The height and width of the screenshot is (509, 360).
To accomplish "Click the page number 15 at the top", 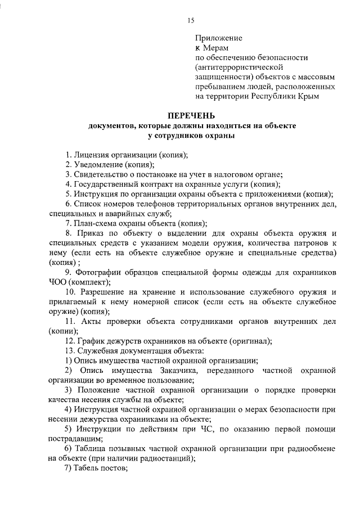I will [191, 20].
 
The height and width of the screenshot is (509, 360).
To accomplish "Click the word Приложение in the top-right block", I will [218, 38].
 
